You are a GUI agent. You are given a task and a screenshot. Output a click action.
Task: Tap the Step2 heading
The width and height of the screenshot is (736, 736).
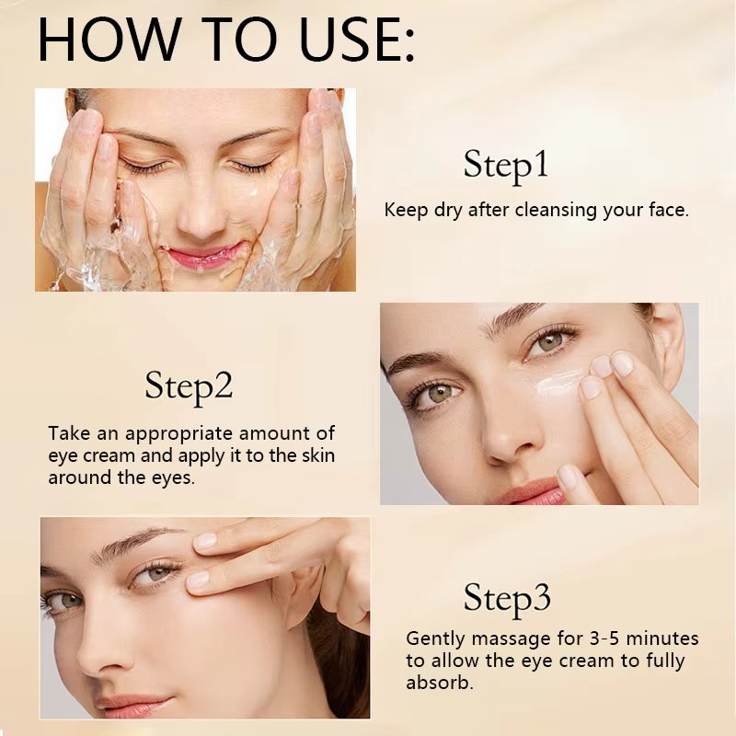(189, 387)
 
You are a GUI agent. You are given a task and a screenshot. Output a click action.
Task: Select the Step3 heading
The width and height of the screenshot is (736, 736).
(507, 598)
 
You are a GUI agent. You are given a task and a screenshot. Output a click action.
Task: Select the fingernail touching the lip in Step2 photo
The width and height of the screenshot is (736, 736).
(569, 476)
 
